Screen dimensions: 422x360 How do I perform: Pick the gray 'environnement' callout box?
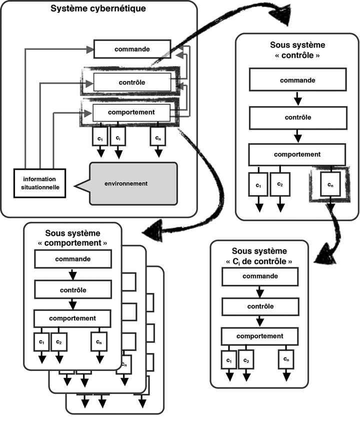133,184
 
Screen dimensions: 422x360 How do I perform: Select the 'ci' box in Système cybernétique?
117,137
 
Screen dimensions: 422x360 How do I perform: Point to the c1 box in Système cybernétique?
99,137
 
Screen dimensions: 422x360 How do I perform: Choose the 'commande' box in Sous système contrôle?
297,80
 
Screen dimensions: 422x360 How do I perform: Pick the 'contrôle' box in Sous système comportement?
72,289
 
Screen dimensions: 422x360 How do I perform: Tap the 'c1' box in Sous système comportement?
42,341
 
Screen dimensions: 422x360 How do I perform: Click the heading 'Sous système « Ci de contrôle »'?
259,255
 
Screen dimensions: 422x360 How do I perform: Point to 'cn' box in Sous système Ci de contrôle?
285,359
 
